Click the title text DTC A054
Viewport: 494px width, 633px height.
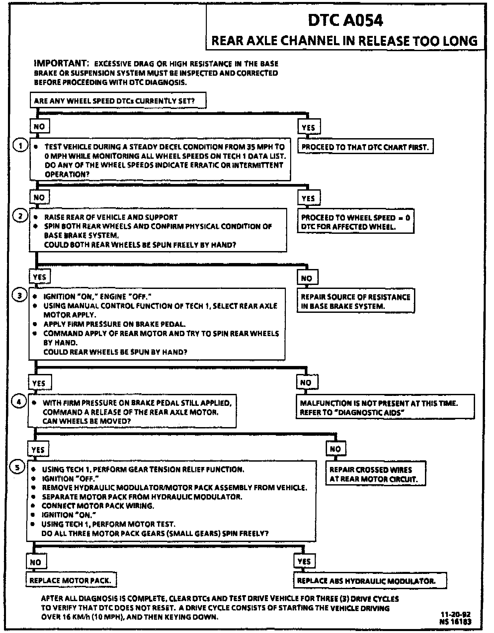pyautogui.click(x=345, y=21)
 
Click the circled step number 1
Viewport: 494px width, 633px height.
pyautogui.click(x=21, y=146)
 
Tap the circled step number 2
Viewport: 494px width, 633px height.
pyautogui.click(x=20, y=216)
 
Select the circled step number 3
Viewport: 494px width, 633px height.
pyautogui.click(x=19, y=295)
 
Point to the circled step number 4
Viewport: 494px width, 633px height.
pyautogui.click(x=19, y=402)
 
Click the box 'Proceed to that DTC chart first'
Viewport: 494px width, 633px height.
pyautogui.click(x=365, y=147)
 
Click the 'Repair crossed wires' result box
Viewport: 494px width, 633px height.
pyautogui.click(x=375, y=474)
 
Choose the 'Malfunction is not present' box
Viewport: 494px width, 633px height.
pyautogui.click(x=385, y=407)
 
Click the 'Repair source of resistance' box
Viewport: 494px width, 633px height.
pyautogui.click(x=356, y=301)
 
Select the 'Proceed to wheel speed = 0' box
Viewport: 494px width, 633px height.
pyautogui.click(x=355, y=222)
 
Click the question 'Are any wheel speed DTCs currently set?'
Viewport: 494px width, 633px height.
pyautogui.click(x=118, y=101)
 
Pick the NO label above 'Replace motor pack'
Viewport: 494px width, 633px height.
pyautogui.click(x=36, y=562)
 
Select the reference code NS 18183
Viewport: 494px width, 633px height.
pyautogui.click(x=455, y=622)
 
